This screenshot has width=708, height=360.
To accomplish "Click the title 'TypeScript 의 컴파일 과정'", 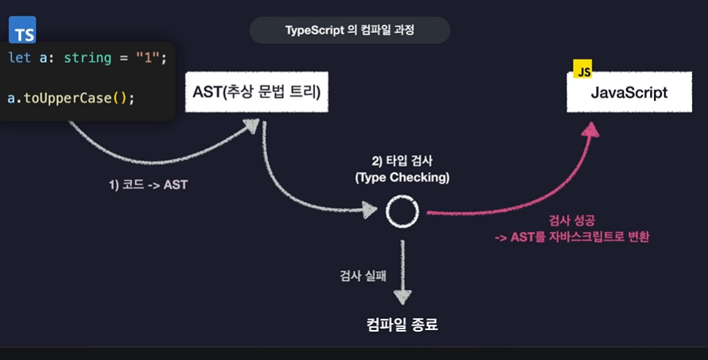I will [350, 30].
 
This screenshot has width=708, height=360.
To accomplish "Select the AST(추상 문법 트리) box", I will [256, 92].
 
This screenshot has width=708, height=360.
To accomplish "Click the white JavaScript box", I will [629, 93].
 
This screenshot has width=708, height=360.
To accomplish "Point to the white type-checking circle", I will [402, 211].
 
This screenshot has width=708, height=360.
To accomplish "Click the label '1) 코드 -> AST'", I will [148, 185].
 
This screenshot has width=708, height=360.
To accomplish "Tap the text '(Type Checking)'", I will [402, 177].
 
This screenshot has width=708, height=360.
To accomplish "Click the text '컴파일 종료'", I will [402, 323].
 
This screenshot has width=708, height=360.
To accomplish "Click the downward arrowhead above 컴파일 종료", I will [402, 296].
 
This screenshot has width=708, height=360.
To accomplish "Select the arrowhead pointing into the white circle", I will [370, 211].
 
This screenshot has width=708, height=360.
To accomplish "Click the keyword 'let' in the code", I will [20, 57].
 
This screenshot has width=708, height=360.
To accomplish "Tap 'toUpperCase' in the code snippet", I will [66, 97].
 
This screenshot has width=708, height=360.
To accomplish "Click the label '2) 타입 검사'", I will [402, 162].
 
